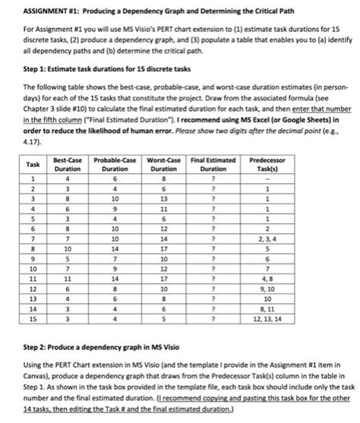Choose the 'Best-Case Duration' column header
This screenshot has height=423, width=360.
(x=69, y=163)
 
